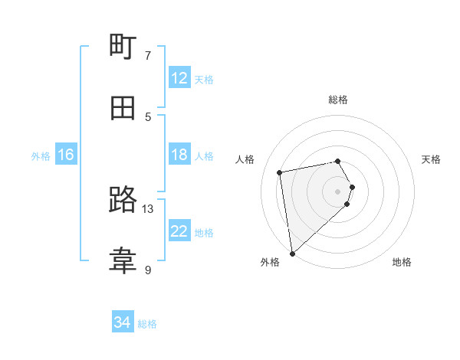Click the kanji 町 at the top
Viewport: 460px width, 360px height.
point(123,47)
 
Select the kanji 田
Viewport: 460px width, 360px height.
point(123,108)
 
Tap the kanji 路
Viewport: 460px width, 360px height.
point(123,201)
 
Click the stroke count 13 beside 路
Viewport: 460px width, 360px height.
point(148,208)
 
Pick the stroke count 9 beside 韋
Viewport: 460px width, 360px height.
point(148,270)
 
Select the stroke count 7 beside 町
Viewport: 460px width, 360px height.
point(148,55)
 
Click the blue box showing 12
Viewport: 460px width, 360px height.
point(179,78)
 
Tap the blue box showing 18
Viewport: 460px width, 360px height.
point(179,155)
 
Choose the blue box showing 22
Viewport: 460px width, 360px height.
point(179,231)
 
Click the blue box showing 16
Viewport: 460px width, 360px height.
point(66,155)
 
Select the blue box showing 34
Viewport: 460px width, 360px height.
point(123,322)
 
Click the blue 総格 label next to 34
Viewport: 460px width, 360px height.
point(147,324)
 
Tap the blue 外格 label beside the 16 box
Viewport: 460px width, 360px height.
point(41,156)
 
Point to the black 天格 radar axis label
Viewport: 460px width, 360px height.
point(431,159)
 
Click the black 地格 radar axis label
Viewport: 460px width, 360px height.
point(402,262)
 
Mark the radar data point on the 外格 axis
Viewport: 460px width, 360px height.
point(292,253)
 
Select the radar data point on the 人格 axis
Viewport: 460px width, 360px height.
point(280,172)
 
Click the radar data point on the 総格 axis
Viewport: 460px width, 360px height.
point(337,161)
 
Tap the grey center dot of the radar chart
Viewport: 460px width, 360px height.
point(337,191)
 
